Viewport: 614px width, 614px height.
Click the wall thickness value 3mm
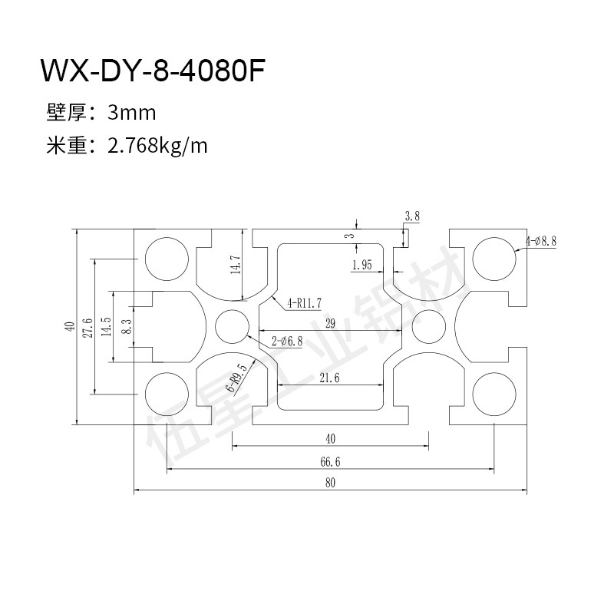(x=132, y=114)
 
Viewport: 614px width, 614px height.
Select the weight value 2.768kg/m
(x=159, y=145)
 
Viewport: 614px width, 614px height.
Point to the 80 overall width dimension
(x=330, y=483)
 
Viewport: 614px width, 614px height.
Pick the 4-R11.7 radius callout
(x=305, y=303)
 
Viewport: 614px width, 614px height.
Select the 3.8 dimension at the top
(x=411, y=216)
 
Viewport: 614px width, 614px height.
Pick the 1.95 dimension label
(x=361, y=265)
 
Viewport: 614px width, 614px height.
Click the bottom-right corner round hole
(x=494, y=392)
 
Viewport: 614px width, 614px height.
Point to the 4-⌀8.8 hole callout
(x=541, y=241)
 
